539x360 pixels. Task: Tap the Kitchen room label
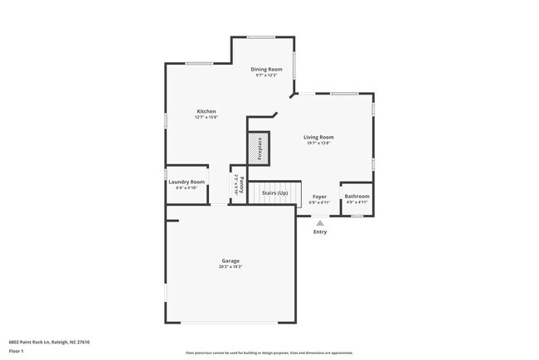click(x=206, y=111)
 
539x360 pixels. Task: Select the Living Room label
click(x=318, y=137)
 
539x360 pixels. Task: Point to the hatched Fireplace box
click(x=258, y=148)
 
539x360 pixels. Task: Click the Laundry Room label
click(x=186, y=182)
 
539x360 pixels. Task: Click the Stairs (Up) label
click(x=274, y=193)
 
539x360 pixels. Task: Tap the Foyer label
click(x=319, y=197)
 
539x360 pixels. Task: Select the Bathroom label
click(x=357, y=197)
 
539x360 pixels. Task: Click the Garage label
click(x=230, y=260)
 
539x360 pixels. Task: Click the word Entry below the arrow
click(x=319, y=231)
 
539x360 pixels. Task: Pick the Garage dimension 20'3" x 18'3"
click(x=230, y=266)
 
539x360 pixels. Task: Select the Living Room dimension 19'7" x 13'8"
click(x=318, y=143)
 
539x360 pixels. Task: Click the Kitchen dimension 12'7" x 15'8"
click(x=206, y=117)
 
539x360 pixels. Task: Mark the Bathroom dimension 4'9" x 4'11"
click(x=357, y=202)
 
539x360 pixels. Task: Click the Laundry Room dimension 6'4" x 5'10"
click(x=186, y=187)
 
